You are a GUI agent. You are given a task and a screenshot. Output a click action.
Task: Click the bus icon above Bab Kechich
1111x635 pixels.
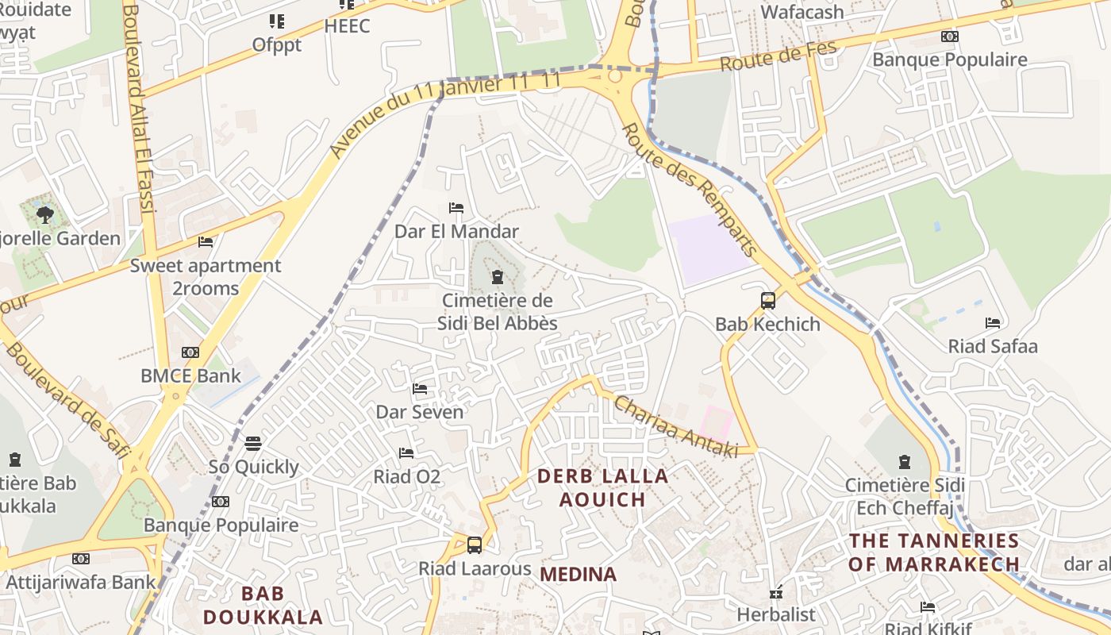[x=768, y=301]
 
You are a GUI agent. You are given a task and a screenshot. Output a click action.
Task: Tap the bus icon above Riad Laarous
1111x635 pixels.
[x=475, y=545]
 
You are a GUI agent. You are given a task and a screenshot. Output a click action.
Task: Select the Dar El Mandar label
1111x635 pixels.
[x=456, y=232]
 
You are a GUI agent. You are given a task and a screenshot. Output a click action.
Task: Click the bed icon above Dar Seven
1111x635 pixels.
[x=420, y=389]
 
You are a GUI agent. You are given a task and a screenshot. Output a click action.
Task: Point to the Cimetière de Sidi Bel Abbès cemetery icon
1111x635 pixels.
[x=498, y=277]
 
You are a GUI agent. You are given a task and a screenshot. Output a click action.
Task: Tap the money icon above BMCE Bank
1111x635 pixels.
[x=190, y=352]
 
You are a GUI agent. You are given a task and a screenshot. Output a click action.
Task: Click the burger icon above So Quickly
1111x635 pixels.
[x=253, y=443]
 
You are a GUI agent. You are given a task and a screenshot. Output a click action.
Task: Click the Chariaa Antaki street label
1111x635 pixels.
[x=677, y=427]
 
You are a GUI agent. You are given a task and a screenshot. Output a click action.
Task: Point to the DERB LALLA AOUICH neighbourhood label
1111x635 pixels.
[x=603, y=487]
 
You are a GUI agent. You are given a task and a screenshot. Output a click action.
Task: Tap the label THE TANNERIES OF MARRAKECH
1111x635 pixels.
[x=934, y=552]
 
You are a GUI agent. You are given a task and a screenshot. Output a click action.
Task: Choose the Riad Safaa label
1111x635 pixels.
[x=993, y=346]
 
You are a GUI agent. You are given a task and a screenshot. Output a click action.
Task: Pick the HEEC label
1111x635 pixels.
[x=347, y=26]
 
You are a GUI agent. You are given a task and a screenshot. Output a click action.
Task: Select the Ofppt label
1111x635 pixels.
[x=277, y=45]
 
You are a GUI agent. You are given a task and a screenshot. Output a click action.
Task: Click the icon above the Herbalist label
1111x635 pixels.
[x=776, y=593]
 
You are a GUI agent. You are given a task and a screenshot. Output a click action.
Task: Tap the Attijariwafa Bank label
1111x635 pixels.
[x=81, y=582]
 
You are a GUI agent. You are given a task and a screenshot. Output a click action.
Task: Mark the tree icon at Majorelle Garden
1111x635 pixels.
[x=45, y=214]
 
